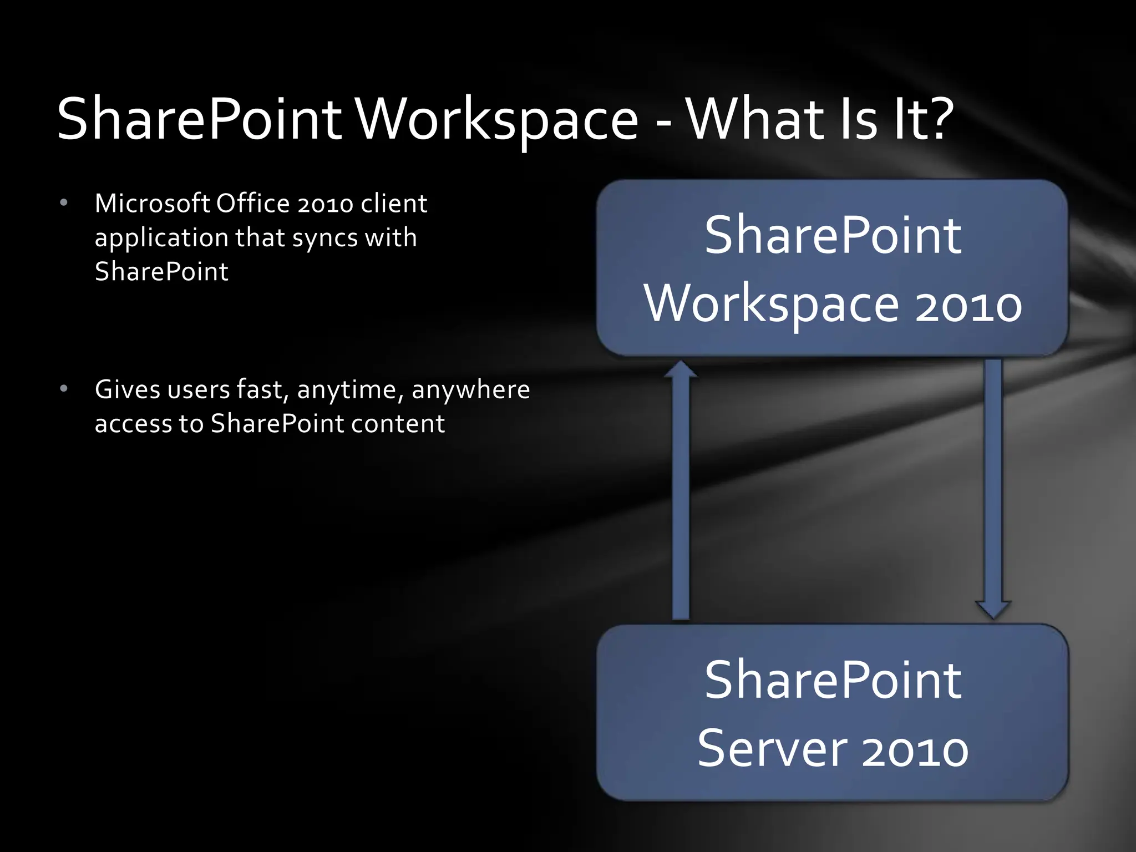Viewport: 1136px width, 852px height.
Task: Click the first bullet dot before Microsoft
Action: point(64,203)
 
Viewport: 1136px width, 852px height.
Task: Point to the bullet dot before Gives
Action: point(64,389)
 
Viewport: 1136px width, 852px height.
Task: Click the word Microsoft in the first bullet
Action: point(153,203)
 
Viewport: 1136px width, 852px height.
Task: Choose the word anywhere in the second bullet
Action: point(470,390)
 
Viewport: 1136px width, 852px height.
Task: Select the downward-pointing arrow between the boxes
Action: point(993,488)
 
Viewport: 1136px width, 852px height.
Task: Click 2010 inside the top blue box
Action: point(968,306)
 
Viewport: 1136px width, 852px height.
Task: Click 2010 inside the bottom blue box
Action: point(915,751)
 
